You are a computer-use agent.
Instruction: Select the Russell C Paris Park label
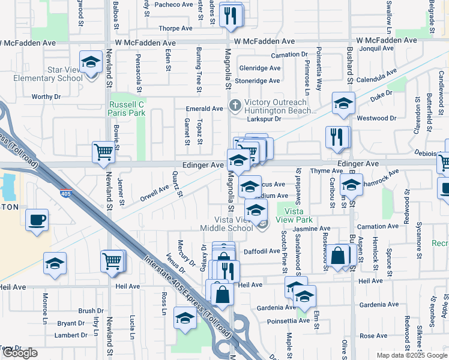click(127, 108)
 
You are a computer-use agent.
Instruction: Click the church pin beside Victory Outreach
click(235, 105)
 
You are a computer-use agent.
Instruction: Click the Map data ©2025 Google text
click(411, 355)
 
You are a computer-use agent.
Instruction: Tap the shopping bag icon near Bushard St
click(339, 255)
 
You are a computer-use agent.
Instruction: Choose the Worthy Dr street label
click(46, 96)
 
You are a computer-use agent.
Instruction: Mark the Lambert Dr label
click(71, 335)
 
